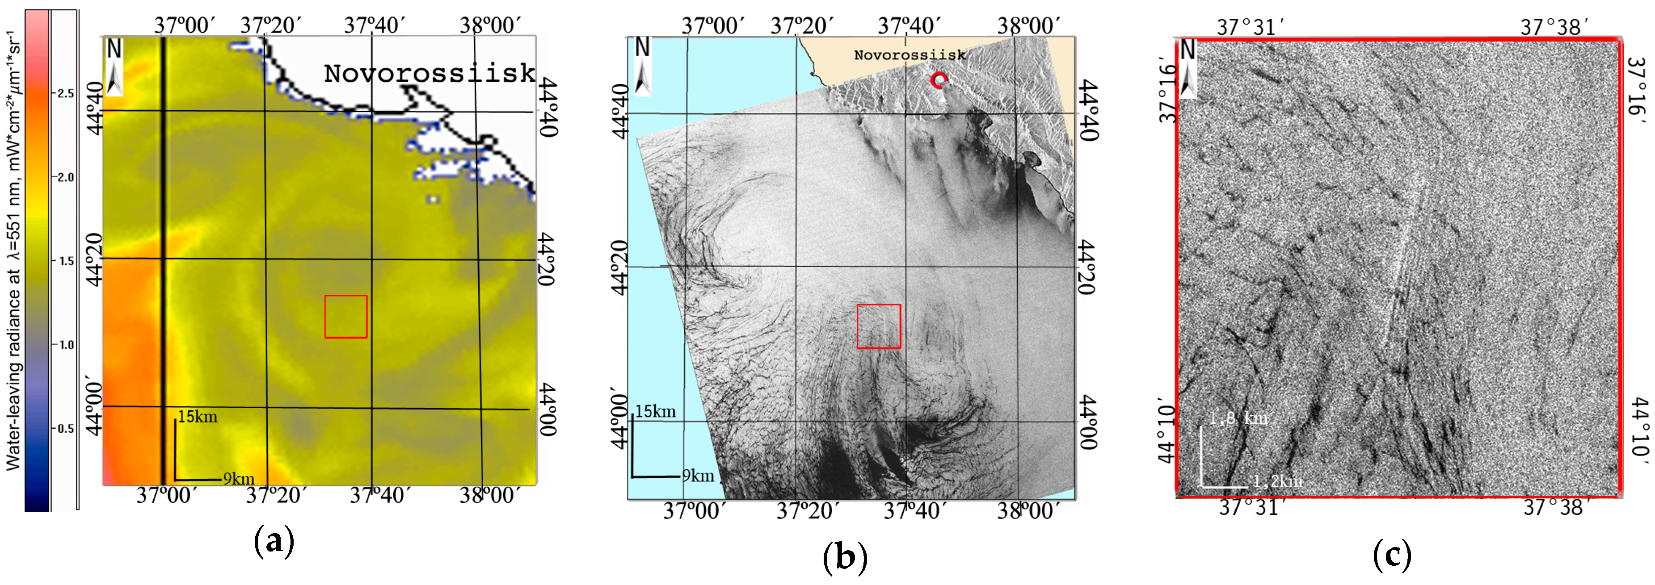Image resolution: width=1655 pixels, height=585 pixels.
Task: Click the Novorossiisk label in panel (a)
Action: pos(429,73)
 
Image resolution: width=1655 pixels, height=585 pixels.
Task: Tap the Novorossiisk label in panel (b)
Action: pos(909,55)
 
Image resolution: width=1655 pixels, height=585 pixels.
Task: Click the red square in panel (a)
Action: pos(345,317)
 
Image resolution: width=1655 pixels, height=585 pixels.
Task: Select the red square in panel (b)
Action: pos(878,326)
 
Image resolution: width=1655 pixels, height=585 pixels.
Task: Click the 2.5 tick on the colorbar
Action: pos(65,94)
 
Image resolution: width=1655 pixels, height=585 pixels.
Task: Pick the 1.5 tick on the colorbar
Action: pos(65,261)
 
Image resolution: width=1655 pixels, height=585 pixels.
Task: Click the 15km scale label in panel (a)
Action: pos(198,417)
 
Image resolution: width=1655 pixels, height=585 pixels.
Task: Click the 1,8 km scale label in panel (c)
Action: pos(1238,419)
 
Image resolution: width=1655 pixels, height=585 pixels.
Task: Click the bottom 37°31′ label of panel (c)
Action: pos(1251,507)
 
